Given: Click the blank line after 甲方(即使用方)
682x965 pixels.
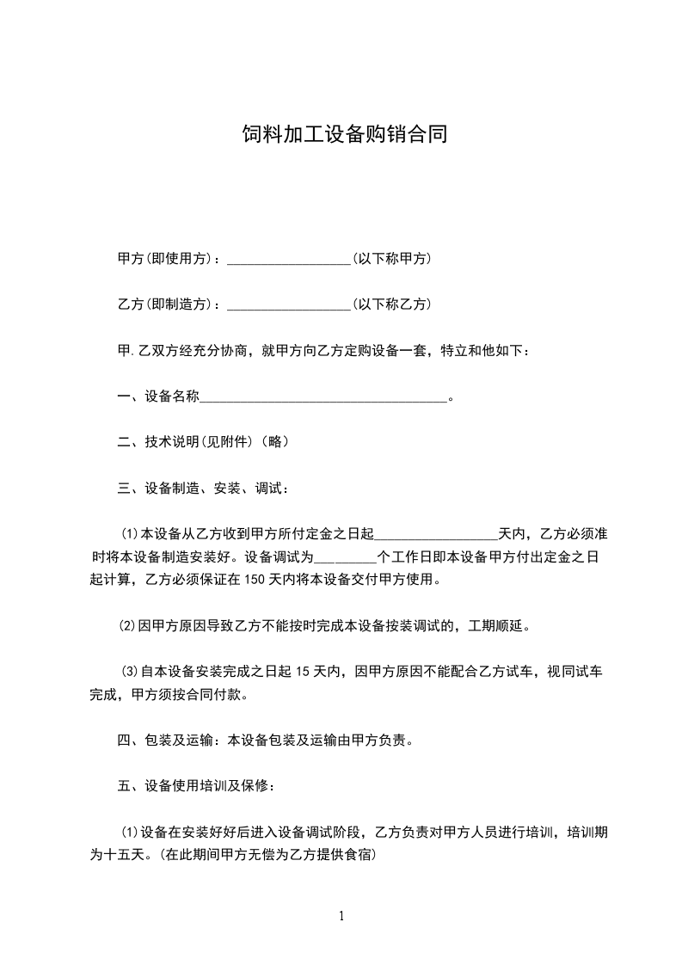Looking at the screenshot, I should point(288,260).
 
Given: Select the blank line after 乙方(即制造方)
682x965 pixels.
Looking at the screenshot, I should point(288,305).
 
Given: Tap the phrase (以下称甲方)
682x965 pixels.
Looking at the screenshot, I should point(392,259).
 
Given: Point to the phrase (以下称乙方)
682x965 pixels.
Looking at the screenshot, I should point(392,304).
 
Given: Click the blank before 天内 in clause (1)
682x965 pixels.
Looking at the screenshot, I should point(436,535).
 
